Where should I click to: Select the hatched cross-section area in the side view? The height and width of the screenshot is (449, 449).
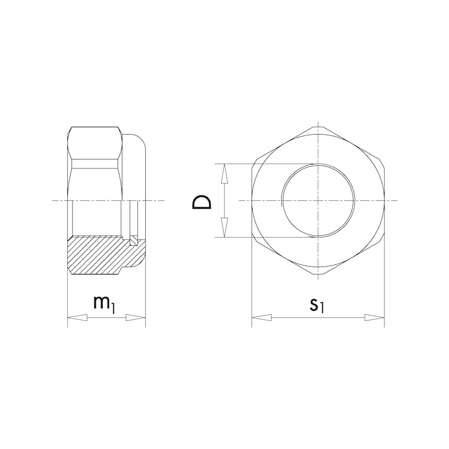98,255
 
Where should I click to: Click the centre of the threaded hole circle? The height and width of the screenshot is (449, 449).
318,200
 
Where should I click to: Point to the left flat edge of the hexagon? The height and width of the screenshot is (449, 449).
252,200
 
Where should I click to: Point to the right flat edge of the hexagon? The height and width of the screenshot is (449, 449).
384,200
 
